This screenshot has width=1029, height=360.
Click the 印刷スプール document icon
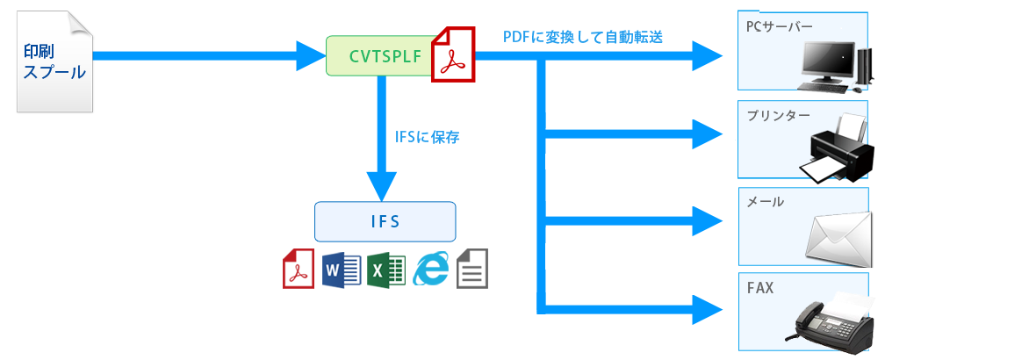54,61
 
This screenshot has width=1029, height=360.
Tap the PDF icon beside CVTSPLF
452,54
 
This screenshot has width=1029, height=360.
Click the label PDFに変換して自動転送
582,37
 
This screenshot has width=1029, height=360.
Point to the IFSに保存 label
428,137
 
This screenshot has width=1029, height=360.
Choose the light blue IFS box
385,221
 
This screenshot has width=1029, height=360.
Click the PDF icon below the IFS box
298,268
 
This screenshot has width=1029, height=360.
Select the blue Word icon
342,269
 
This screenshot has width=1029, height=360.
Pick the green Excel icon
385,269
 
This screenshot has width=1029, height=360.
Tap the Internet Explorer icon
430,269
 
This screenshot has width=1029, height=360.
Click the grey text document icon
472,269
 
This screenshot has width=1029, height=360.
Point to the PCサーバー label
774,26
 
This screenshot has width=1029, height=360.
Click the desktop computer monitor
825,64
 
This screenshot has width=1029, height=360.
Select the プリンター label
778,115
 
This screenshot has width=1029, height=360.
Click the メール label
765,201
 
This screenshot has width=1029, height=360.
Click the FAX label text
760,287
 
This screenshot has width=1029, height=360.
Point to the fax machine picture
830,318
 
